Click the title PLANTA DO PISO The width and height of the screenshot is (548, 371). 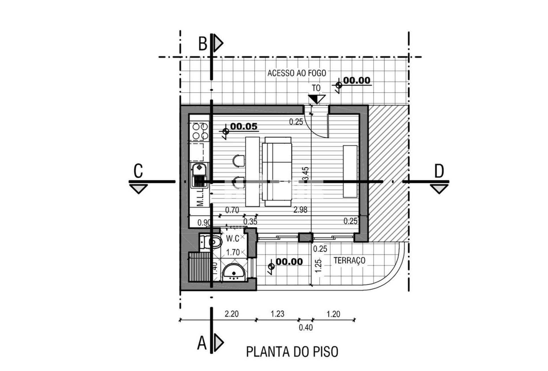coord(292,352)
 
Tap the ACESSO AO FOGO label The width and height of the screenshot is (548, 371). coord(297,73)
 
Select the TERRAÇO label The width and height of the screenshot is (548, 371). coord(349,261)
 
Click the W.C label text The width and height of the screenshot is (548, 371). coord(233,238)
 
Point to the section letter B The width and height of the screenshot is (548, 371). coord(203,44)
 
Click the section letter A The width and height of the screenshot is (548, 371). coord(202,343)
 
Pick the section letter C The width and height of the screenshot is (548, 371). coord(138,171)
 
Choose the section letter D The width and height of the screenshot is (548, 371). coord(439,171)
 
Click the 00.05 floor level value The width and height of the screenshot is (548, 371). coord(244,126)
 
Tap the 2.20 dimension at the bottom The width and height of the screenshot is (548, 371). coord(231,314)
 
